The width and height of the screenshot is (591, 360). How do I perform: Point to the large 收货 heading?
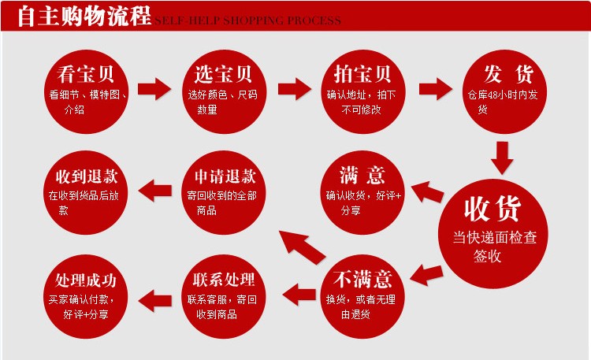(492, 210)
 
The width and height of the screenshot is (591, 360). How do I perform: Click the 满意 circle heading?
(362, 174)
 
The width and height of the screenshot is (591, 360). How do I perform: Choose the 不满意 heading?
(362, 279)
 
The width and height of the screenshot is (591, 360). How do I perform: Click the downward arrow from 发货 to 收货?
(502, 156)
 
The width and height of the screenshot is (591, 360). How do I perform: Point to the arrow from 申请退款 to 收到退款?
(155, 188)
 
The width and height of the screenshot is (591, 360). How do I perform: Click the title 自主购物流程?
(84, 17)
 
